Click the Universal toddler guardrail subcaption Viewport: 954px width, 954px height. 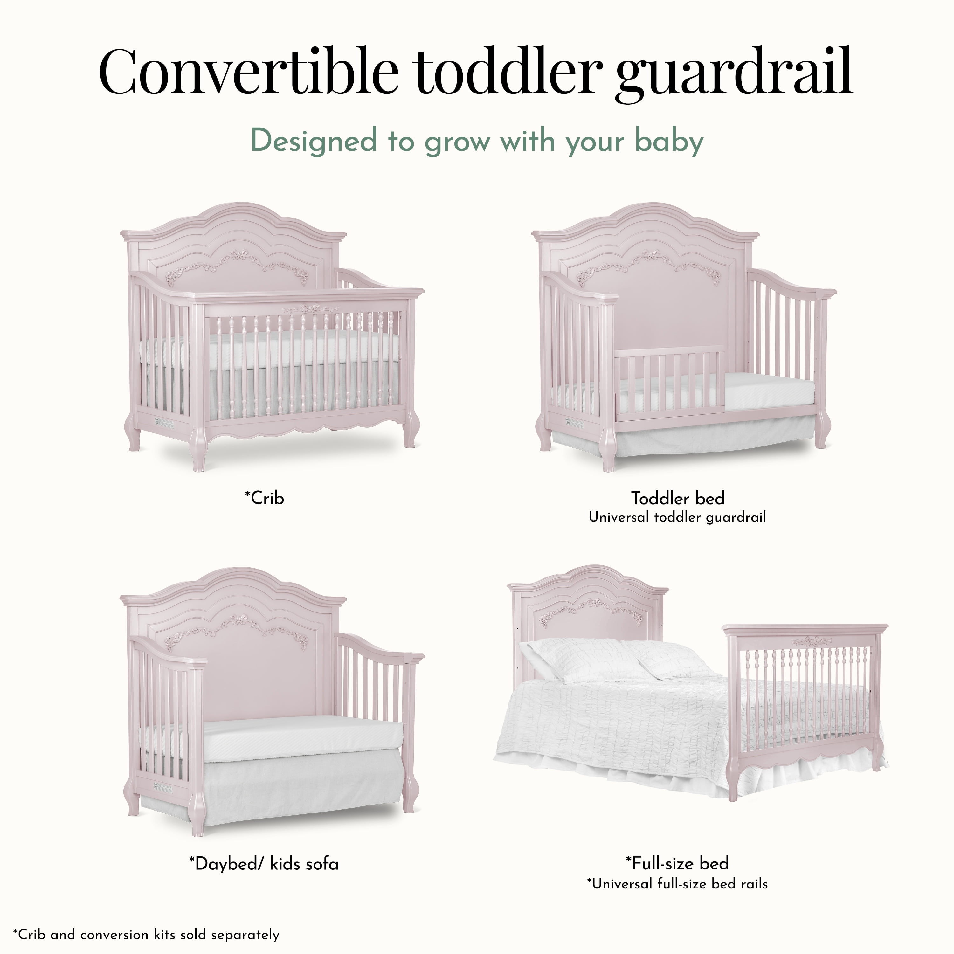click(677, 517)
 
